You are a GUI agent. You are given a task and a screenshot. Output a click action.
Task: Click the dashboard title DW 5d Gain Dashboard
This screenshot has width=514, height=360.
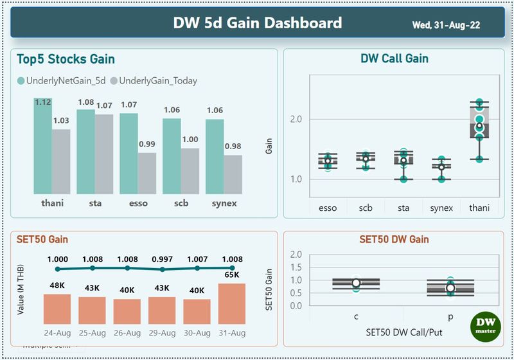[257, 23]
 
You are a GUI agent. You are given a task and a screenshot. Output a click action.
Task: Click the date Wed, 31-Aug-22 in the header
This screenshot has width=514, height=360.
[446, 25]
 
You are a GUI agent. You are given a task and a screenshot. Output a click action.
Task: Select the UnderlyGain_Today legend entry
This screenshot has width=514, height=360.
[154, 81]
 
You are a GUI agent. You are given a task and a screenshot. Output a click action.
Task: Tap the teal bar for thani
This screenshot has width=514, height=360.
[43, 146]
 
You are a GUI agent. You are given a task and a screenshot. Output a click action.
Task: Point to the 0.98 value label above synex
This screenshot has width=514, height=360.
[233, 147]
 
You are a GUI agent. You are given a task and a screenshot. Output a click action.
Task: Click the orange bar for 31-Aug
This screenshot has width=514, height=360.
[232, 303]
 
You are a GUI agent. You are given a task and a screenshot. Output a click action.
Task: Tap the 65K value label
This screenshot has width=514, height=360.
[232, 274]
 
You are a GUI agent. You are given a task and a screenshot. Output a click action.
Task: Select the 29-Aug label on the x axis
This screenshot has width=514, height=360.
[163, 332]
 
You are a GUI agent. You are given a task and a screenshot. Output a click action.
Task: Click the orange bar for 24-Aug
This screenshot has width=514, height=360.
[57, 309]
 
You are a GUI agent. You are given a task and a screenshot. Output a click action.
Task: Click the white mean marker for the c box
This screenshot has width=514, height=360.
[356, 283]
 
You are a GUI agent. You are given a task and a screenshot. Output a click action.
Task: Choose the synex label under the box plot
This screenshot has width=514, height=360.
[441, 208]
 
